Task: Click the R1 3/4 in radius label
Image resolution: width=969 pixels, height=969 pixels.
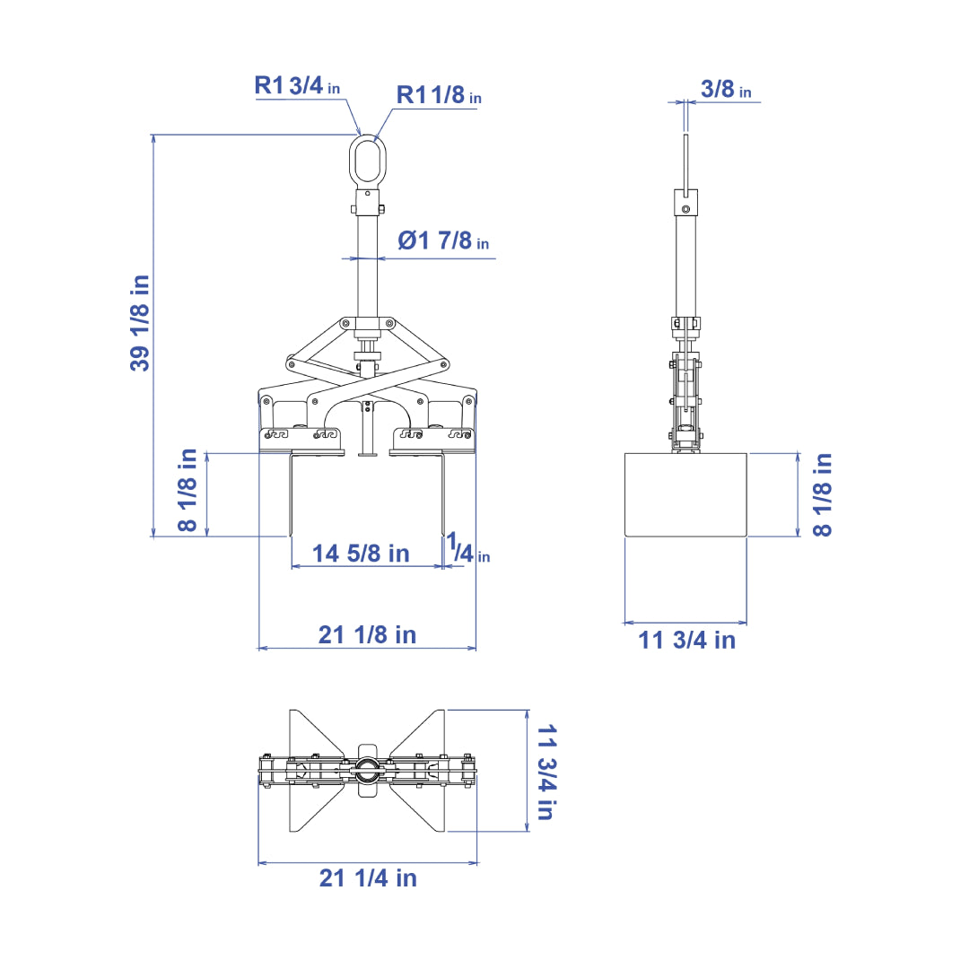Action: point(297,85)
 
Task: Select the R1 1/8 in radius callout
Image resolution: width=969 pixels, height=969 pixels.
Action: point(439,94)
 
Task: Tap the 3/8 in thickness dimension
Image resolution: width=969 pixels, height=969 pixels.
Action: point(726,89)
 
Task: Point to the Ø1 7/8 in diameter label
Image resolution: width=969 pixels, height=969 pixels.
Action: point(444,240)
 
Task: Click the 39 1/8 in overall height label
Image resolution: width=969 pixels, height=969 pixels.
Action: point(140,323)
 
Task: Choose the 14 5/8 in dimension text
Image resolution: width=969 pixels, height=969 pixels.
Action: point(361,553)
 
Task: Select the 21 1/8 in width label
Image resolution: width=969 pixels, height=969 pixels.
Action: point(368,634)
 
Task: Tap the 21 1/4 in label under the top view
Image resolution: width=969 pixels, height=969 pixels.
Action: point(369,877)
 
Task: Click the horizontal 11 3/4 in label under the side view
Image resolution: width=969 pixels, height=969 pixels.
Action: point(687,641)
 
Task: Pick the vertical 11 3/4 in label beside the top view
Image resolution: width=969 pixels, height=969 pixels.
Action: point(547,773)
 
